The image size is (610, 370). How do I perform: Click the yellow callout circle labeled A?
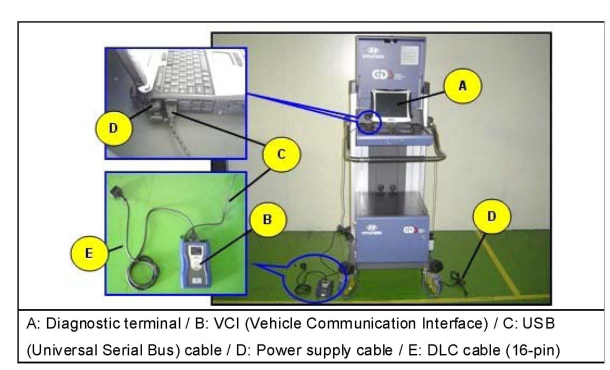(462, 85)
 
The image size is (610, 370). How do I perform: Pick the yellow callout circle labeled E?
(89, 253)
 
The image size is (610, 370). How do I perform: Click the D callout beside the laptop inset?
(113, 128)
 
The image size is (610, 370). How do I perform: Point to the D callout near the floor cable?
(491, 216)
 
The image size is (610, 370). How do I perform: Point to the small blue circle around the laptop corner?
(370, 122)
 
